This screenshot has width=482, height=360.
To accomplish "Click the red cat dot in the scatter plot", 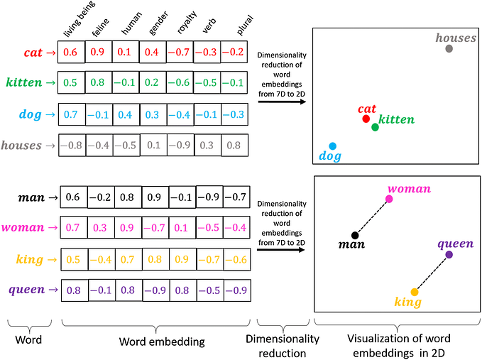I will (366, 119).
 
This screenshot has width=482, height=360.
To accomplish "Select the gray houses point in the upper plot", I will (449, 48).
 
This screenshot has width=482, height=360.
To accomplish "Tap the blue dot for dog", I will (332, 146).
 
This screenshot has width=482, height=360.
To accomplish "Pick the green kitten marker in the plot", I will (375, 127).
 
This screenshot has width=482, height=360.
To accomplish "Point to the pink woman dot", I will (389, 199).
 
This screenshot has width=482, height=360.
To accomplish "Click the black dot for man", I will (355, 235).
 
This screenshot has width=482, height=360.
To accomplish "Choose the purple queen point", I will (449, 254).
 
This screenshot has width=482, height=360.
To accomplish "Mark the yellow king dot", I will (415, 292).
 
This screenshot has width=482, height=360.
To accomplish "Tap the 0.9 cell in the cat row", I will (99, 52).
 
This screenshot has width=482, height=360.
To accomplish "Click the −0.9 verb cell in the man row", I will (208, 197).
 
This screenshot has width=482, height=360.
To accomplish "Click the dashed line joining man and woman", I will (372, 217).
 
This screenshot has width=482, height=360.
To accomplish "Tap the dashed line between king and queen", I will (432, 273).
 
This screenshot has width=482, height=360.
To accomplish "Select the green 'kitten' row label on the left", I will (28, 82).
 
